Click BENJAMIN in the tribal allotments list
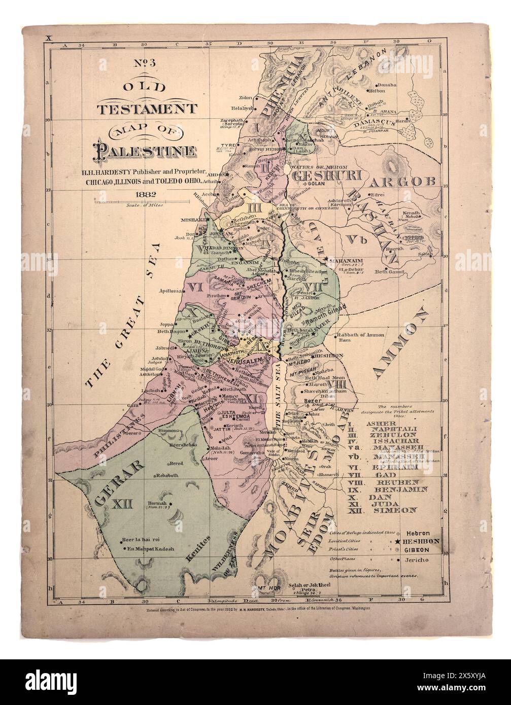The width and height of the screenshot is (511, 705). coord(400,489)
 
